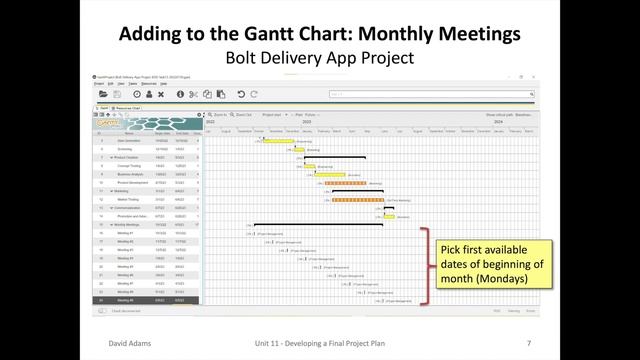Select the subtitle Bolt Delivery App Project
pos(319,58)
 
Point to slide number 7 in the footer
pos(528,343)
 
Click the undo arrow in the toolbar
pos(241,94)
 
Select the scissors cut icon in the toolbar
pos(194,94)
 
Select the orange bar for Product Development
pos(345,183)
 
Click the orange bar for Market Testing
pos(350,199)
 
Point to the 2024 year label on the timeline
pos(470,122)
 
